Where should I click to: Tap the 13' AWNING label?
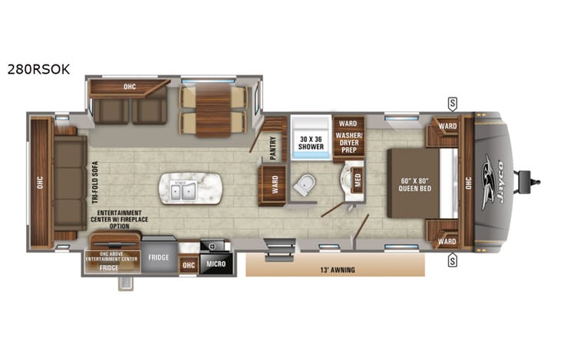point(335,269)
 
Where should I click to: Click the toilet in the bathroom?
point(306,183)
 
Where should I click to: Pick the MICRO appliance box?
point(216,264)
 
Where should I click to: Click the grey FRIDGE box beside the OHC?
point(159,258)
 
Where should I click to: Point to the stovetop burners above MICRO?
point(212,246)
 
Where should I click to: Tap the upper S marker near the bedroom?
point(453,102)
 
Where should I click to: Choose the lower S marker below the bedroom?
point(453,260)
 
